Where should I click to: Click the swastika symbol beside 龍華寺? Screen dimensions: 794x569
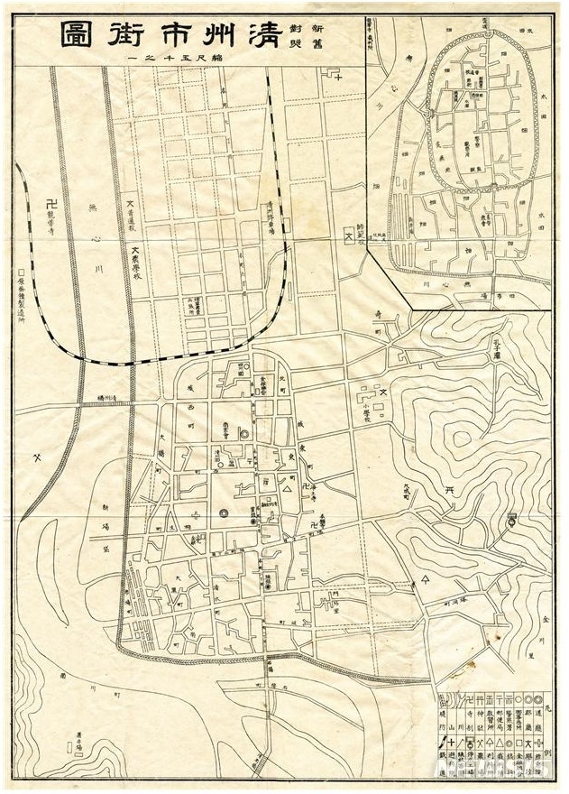50,204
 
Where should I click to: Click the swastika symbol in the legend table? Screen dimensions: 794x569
471,701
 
